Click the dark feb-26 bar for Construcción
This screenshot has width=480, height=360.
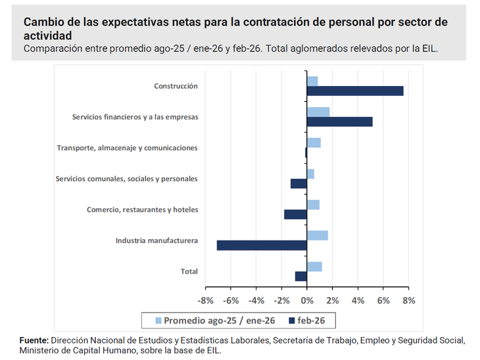(x=355, y=91)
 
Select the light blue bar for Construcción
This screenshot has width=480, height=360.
(x=312, y=81)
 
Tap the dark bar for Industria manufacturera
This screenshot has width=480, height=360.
(x=262, y=245)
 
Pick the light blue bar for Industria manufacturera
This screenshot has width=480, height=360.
(x=317, y=235)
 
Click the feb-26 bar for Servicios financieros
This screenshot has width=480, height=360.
(x=339, y=122)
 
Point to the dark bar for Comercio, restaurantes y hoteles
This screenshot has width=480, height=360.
(x=295, y=214)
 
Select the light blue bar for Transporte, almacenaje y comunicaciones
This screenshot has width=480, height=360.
(x=314, y=143)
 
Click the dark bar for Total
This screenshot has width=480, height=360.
(x=301, y=276)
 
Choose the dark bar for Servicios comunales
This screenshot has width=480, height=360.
(x=299, y=183)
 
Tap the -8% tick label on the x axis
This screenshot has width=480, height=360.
(x=206, y=300)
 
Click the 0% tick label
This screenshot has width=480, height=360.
(x=307, y=300)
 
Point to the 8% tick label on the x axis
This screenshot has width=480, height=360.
(x=408, y=300)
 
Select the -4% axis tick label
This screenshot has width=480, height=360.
(x=256, y=300)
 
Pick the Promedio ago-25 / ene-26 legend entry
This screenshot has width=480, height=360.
(x=214, y=320)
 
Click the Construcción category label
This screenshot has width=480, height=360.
(x=176, y=86)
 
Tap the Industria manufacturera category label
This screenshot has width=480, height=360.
(x=156, y=240)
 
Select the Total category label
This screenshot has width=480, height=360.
(x=189, y=271)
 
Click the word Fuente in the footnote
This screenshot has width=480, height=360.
(x=34, y=340)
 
